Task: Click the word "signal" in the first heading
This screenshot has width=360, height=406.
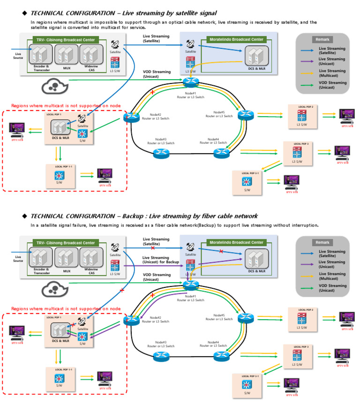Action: coord(205,13)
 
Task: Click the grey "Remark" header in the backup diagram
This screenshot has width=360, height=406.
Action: coord(322,242)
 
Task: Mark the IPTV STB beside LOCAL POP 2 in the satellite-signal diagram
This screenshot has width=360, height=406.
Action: coord(347,116)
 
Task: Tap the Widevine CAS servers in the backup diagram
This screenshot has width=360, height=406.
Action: coord(90,256)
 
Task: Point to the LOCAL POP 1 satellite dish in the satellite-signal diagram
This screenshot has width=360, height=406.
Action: coord(82,119)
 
